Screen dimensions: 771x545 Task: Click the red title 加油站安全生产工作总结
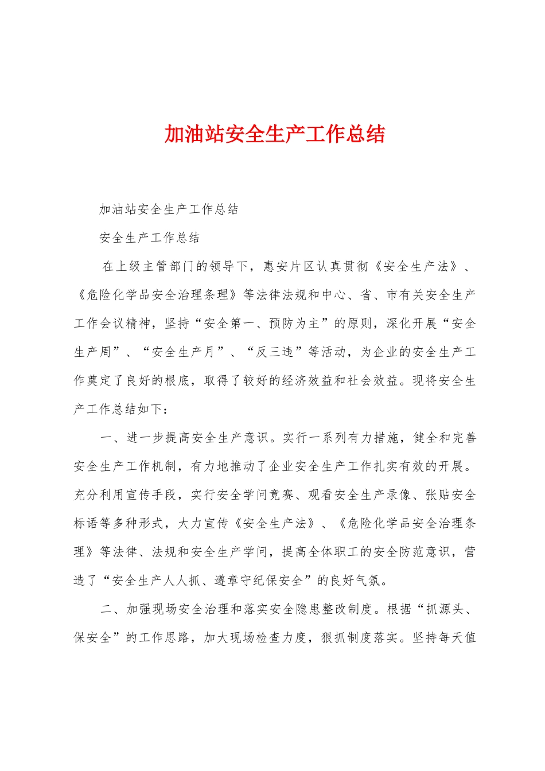274,134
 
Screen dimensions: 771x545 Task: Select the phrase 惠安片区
289,266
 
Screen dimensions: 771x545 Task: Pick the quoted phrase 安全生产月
184,352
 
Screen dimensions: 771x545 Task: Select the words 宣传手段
151,495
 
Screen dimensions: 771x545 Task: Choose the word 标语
87,524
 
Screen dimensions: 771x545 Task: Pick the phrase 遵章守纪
240,581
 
